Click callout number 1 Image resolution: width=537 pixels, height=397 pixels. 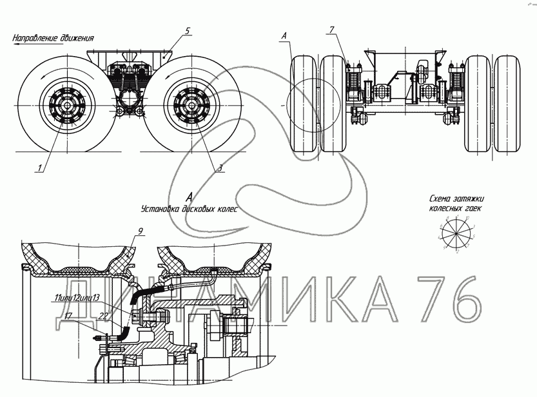(x=40, y=168)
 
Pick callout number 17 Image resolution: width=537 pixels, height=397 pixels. (x=69, y=315)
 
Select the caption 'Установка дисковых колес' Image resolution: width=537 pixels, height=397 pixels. (x=189, y=209)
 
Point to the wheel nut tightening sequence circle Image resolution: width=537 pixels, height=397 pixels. (x=456, y=236)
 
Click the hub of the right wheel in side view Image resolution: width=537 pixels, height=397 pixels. (x=191, y=106)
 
